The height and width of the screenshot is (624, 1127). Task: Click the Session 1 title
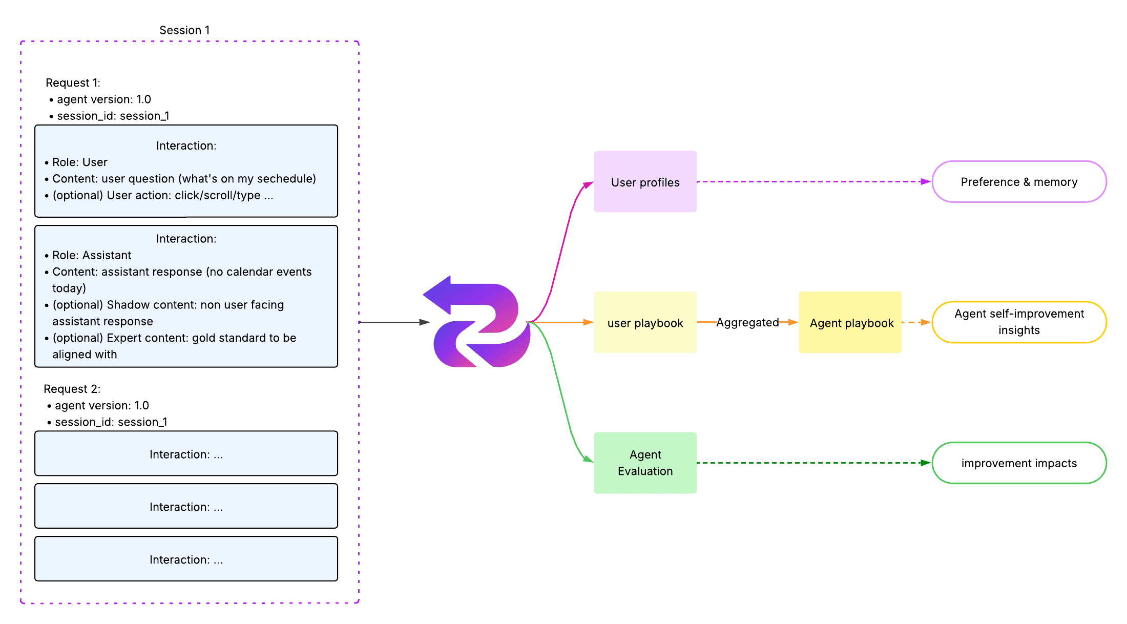(184, 30)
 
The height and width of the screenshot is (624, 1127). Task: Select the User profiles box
(645, 182)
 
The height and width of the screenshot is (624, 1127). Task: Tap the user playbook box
(645, 323)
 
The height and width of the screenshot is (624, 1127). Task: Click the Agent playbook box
(850, 323)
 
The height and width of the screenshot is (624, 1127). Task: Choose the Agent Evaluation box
(645, 463)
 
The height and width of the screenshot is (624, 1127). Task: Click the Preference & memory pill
(1019, 182)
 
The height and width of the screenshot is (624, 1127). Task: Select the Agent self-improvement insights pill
(1019, 322)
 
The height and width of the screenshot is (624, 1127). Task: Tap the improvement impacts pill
(1019, 463)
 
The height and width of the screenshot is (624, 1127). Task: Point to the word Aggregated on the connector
(747, 322)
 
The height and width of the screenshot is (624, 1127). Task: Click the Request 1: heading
(73, 83)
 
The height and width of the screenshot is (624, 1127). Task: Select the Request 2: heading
(72, 389)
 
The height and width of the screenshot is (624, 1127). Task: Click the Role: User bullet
(79, 162)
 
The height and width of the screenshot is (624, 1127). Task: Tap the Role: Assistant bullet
(92, 255)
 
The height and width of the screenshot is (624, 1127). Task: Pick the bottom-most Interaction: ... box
(186, 559)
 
